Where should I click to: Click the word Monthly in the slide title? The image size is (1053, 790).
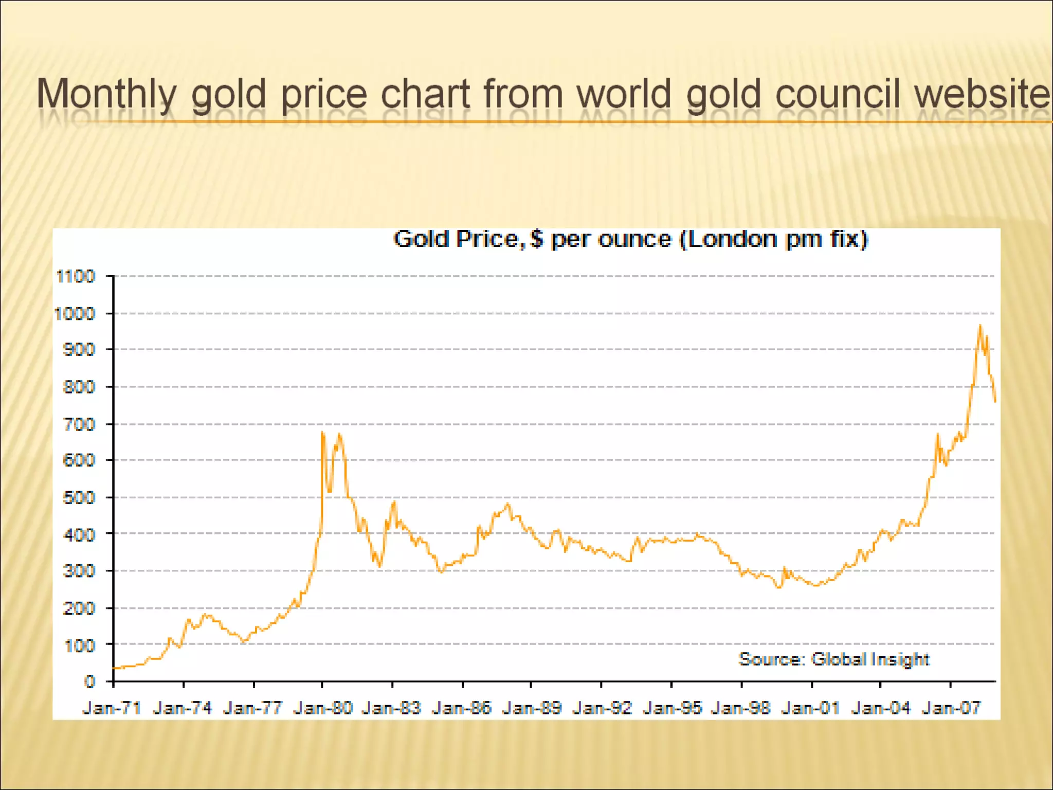coord(106,94)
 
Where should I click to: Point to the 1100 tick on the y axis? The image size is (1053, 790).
coord(76,276)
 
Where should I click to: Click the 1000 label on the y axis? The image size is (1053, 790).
coord(75,313)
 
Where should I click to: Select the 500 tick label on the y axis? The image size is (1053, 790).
coord(79,497)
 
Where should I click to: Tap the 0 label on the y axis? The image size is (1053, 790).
coord(90,681)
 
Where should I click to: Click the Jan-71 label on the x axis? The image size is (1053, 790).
coord(112,708)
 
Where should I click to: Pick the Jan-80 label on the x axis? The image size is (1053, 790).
coord(323,708)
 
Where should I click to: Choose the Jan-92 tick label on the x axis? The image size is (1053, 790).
coord(602,708)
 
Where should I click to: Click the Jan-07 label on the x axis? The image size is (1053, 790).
coord(951,708)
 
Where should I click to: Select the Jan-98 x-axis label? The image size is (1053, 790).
coord(741,708)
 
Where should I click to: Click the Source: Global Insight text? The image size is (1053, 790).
coord(834,659)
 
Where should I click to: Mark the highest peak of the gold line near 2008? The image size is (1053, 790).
coord(980,325)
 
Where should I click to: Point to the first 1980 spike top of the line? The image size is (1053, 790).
coord(322,432)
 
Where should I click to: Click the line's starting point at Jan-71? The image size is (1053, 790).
coord(114,668)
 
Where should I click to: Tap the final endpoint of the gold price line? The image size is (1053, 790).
coord(995,402)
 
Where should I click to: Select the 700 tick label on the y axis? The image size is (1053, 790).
coord(79,424)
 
